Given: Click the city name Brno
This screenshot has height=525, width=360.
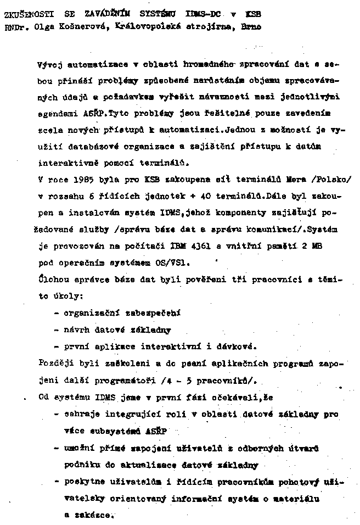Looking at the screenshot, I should click(x=250, y=25).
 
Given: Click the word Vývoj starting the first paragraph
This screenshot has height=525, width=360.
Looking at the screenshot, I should click(x=49, y=64).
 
